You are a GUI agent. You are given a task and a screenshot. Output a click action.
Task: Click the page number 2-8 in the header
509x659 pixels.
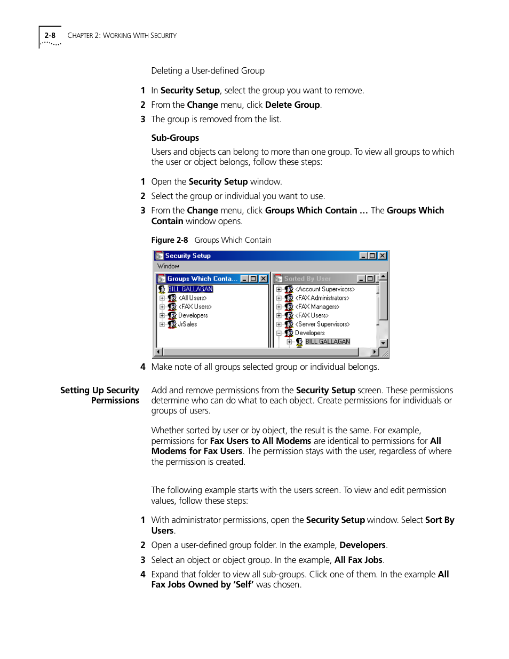(x=50, y=35)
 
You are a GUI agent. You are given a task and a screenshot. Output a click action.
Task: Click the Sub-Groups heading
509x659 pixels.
(x=175, y=138)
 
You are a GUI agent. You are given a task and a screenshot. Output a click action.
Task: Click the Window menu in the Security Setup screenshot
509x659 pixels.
(x=168, y=266)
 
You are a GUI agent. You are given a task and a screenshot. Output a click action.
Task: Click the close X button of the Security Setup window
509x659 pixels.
(x=382, y=256)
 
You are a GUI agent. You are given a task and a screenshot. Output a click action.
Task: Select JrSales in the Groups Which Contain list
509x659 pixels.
(x=187, y=324)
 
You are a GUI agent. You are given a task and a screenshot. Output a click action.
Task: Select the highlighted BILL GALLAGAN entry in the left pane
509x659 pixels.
(x=190, y=289)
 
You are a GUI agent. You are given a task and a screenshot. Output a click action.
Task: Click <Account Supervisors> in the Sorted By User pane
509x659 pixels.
(x=324, y=289)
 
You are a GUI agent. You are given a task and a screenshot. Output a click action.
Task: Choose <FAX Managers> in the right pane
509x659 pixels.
(x=317, y=307)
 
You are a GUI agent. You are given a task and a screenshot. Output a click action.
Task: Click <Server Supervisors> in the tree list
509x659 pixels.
(x=322, y=324)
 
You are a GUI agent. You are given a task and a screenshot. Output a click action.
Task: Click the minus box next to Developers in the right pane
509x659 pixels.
(x=279, y=333)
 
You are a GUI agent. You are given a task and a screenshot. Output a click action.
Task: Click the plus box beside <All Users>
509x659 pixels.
(x=162, y=298)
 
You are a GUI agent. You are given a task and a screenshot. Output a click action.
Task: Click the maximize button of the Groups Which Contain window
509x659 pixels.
(x=253, y=279)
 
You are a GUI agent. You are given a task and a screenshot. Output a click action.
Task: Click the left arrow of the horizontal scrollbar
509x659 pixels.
(x=158, y=352)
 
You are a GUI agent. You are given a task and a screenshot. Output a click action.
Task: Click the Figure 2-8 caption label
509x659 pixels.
(x=170, y=240)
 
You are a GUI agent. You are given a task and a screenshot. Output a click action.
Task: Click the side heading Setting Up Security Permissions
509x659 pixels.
(x=100, y=395)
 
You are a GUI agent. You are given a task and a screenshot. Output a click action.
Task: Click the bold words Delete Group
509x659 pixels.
(x=292, y=105)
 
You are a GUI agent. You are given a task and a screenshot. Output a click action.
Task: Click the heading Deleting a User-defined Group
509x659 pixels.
(x=208, y=70)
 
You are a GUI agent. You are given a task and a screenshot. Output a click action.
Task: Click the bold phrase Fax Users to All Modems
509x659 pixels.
(x=260, y=441)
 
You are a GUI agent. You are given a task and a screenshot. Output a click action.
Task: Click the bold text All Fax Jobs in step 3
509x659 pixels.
(x=358, y=560)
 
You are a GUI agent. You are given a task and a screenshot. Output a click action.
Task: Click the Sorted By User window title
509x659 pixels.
(x=307, y=279)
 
